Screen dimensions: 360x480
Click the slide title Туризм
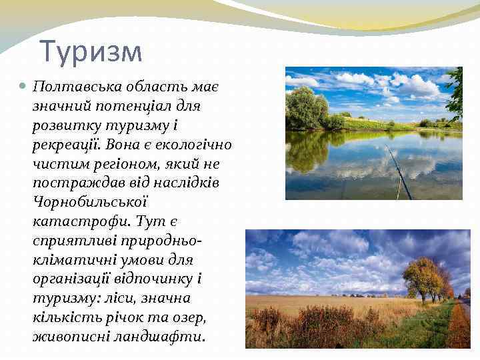[91, 52]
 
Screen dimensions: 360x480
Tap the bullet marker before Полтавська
[23, 87]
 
